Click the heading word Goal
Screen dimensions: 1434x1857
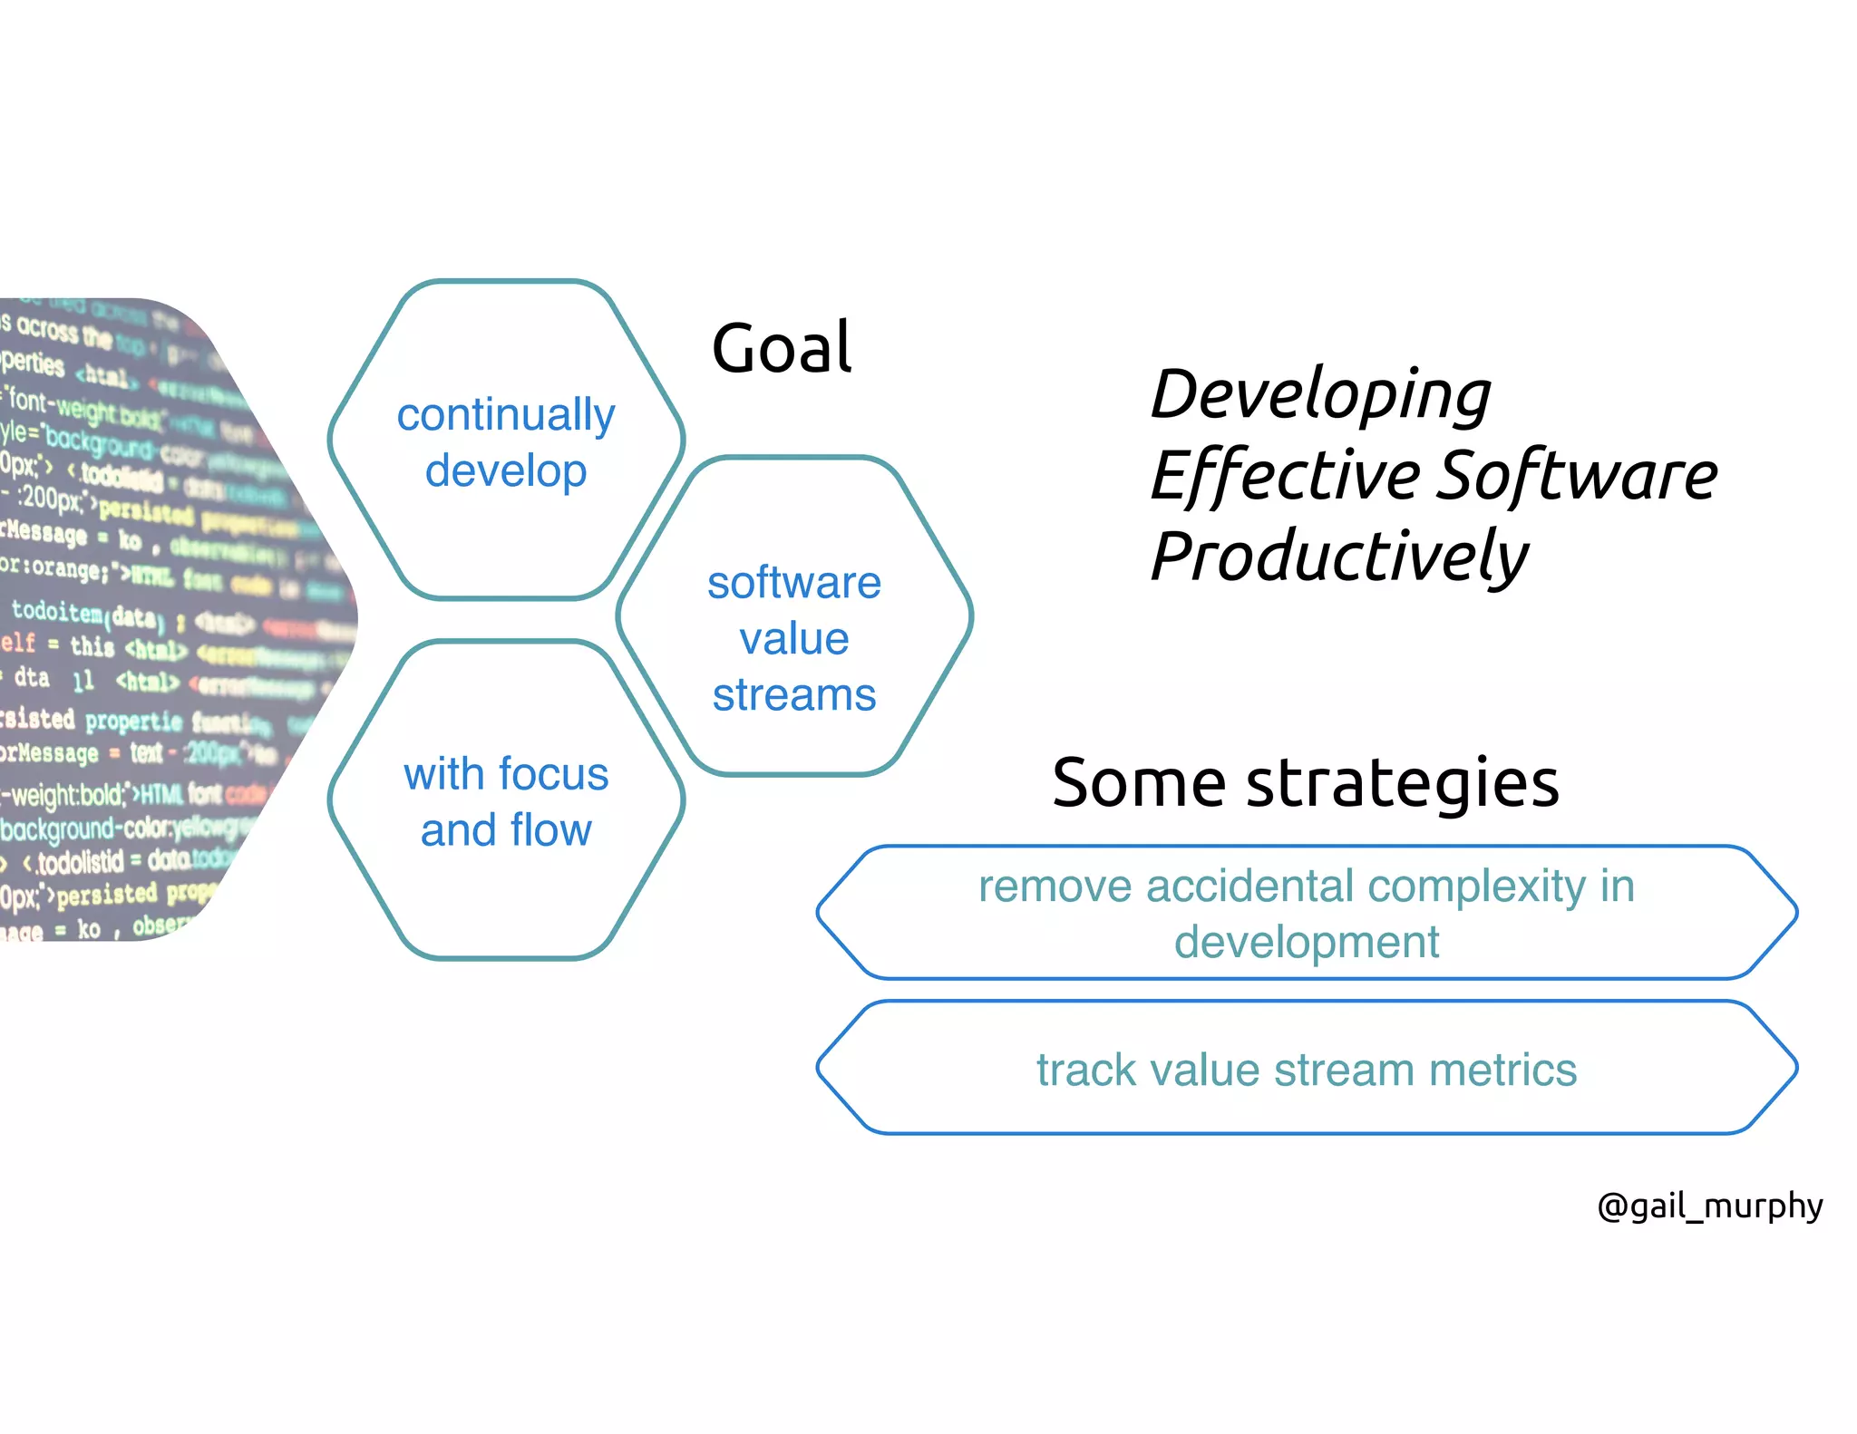click(x=782, y=348)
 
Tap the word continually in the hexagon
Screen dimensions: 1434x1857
click(x=506, y=415)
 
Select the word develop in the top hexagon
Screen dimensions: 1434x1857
click(x=506, y=472)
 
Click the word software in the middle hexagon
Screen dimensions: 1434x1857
click(x=793, y=583)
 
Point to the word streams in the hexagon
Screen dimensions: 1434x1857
click(x=793, y=695)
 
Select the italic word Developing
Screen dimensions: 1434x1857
click(x=1320, y=395)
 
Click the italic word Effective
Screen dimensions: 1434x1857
click(x=1286, y=475)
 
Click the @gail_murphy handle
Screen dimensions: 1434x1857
click(x=1709, y=1206)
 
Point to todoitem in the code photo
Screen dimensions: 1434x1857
click(x=56, y=612)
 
